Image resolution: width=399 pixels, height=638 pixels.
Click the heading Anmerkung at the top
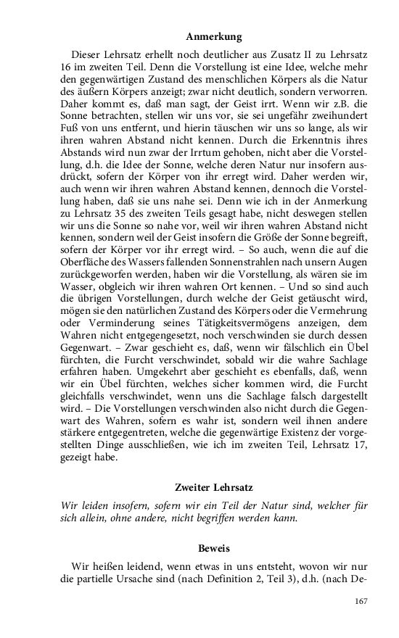pos(213,36)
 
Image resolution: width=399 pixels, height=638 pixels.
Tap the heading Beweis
pos(213,549)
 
